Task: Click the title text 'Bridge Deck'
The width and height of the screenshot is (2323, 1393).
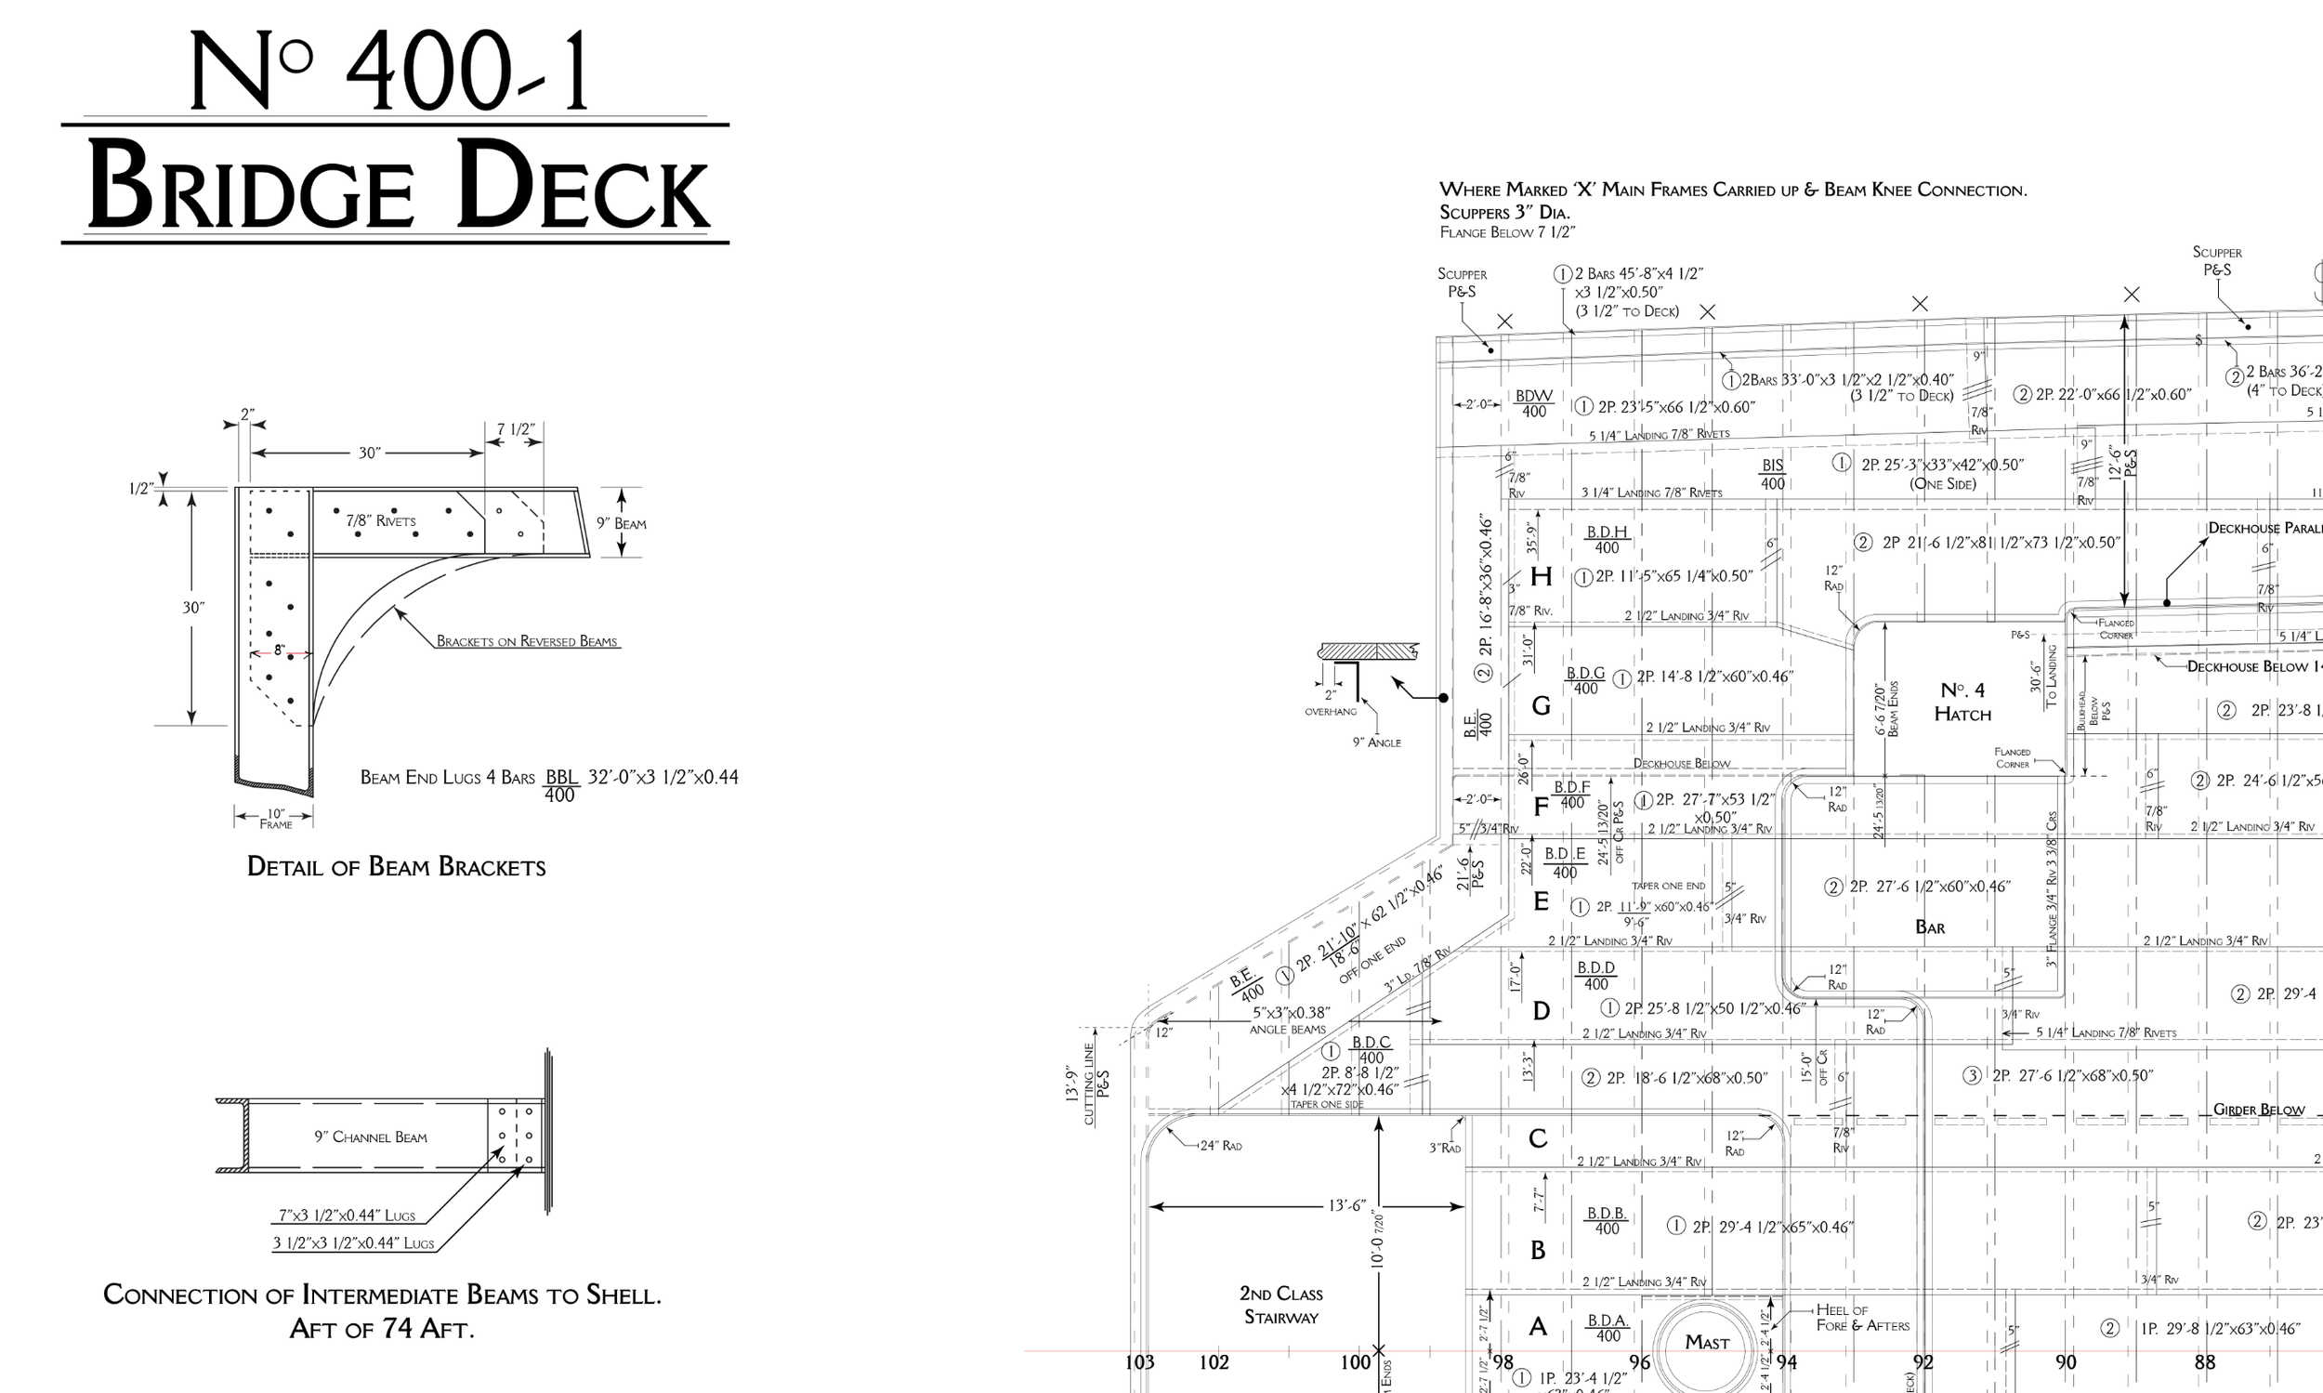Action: pos(396,185)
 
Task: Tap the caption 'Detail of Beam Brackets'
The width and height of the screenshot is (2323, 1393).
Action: pos(395,866)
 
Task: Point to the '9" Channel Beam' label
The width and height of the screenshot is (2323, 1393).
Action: pos(370,1137)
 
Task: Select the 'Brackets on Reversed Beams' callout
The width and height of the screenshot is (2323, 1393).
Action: pos(526,642)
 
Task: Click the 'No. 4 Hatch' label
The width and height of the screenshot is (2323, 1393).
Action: pos(1962,703)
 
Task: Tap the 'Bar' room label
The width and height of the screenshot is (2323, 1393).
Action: pos(1929,927)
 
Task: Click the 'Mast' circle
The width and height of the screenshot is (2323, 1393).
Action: pos(1705,1342)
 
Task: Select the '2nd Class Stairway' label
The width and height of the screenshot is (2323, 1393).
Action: pos(1280,1305)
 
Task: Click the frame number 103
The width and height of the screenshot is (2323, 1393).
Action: pos(1139,1362)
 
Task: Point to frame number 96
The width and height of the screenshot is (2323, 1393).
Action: pos(1639,1362)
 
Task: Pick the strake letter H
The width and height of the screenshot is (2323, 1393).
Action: pos(1541,576)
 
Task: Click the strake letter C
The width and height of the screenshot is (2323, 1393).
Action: pos(1538,1138)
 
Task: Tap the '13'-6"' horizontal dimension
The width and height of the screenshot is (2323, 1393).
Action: pos(1345,1205)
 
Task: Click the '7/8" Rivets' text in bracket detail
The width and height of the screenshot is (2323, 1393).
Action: pos(380,521)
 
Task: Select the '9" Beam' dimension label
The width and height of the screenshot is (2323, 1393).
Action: pos(622,524)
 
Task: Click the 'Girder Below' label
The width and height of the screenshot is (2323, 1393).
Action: pos(2257,1110)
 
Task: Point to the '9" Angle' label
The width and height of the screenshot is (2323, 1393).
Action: pos(1376,742)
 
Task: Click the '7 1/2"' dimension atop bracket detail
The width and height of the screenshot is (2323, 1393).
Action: pos(516,430)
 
